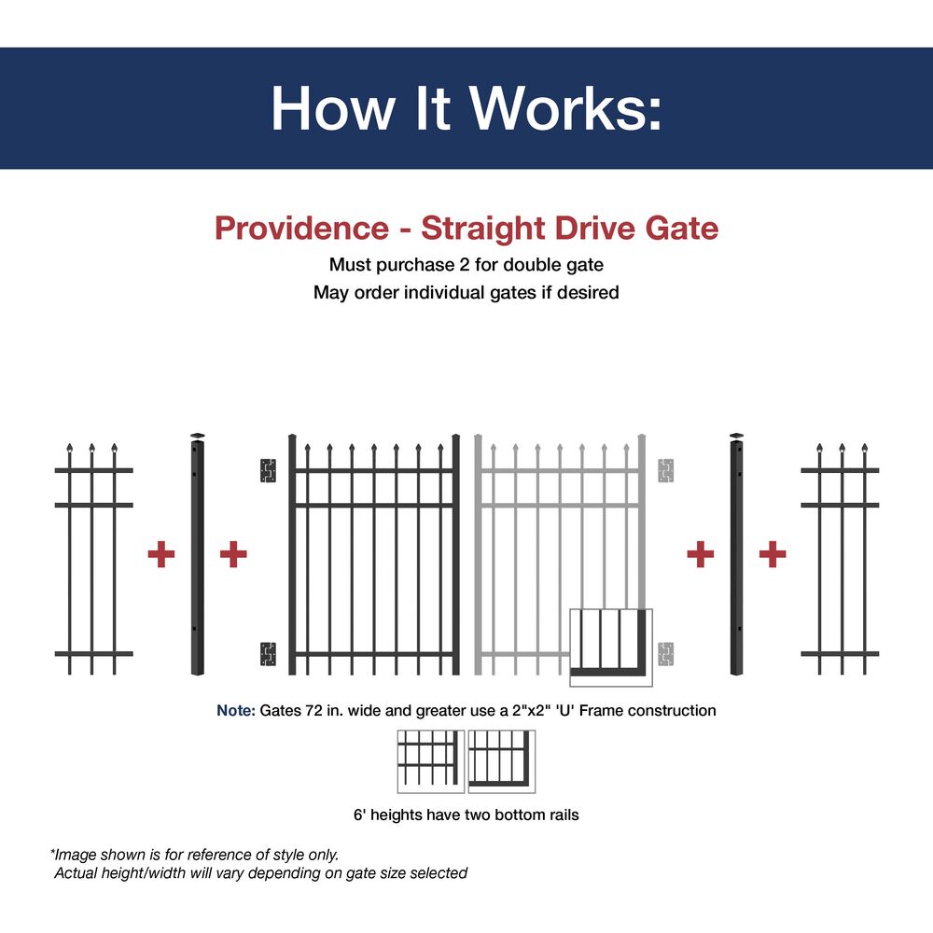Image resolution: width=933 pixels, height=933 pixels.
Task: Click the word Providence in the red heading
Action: click(300, 228)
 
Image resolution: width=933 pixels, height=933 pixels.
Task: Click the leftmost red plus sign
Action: click(161, 555)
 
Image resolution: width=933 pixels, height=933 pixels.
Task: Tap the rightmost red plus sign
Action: click(772, 555)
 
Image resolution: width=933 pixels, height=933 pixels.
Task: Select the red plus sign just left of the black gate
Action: click(233, 555)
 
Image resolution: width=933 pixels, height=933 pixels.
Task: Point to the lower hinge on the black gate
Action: click(269, 653)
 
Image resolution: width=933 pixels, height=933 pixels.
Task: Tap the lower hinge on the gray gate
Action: click(665, 653)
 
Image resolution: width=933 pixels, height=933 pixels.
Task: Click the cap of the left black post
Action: click(197, 437)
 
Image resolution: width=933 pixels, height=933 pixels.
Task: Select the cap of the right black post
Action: click(737, 437)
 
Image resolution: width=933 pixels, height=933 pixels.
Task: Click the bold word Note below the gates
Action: click(234, 711)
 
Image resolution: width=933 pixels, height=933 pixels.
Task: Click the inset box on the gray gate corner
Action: click(611, 642)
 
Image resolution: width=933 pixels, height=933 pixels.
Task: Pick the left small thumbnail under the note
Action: click(430, 761)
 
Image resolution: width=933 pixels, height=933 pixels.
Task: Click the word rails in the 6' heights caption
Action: click(560, 815)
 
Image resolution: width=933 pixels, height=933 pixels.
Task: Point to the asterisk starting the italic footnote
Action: click(53, 853)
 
